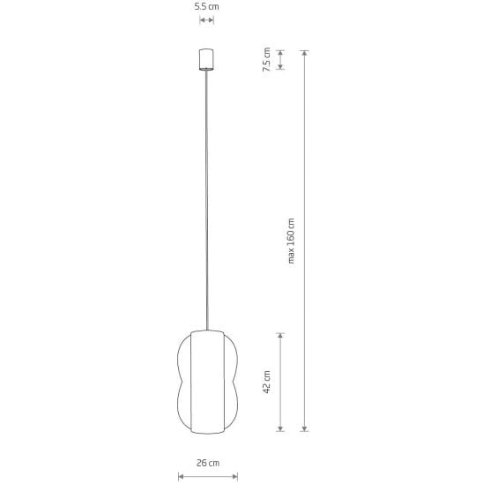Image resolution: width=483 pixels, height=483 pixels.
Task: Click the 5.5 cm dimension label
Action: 207,7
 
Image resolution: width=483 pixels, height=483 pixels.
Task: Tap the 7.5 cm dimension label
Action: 266,59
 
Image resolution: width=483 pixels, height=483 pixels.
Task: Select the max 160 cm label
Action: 291,241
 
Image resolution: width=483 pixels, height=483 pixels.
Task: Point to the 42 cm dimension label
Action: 267,382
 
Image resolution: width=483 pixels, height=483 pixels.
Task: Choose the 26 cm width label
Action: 208,463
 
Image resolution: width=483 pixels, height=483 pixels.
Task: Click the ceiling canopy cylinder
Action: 206,59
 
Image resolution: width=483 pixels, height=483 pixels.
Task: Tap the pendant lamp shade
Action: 207,382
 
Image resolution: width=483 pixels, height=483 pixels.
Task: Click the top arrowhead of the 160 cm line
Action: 304,53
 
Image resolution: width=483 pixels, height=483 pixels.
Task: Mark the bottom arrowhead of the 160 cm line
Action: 304,428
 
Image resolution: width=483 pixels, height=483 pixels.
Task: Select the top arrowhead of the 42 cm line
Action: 280,336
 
